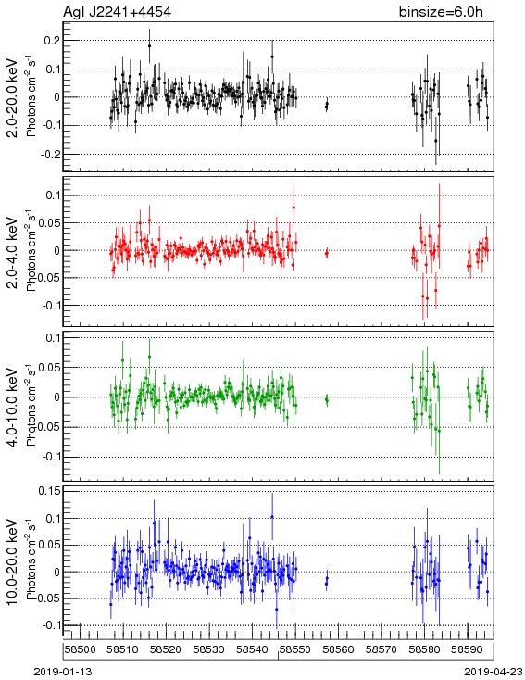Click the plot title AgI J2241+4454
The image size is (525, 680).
coord(117,11)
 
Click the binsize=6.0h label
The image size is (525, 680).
coord(441,11)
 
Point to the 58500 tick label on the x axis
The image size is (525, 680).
coord(81,649)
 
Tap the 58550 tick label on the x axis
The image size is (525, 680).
coord(295,649)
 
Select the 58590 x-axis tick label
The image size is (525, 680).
coord(468,649)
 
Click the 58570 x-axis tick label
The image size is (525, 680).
coord(381,649)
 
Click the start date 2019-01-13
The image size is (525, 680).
coord(63,672)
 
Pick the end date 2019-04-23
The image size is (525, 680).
coord(494,672)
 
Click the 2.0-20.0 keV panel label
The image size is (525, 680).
coord(13,97)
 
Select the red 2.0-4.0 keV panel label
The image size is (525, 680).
coord(13,252)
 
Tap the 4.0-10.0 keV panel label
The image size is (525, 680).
coord(13,408)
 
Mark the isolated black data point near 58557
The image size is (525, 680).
coord(327,104)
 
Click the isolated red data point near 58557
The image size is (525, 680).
coord(327,253)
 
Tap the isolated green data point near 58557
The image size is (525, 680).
coord(327,400)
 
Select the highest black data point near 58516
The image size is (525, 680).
coord(150,46)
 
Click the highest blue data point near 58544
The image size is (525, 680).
coord(272,517)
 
